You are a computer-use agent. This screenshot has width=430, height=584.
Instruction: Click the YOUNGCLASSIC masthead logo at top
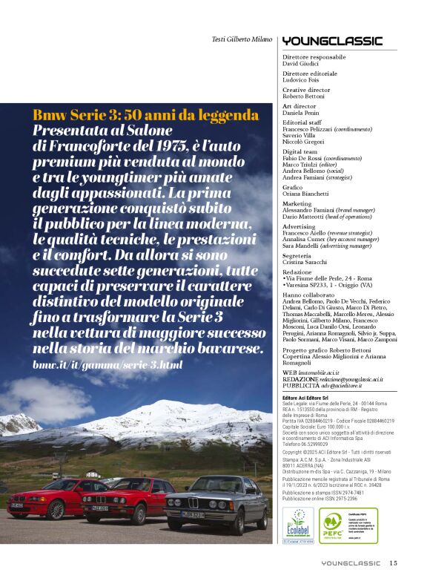[332, 41]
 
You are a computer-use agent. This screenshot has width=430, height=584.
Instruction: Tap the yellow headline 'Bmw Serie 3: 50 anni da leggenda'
[145, 115]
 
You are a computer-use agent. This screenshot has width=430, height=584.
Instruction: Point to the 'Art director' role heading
[299, 105]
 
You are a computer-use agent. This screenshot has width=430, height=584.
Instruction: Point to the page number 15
[393, 562]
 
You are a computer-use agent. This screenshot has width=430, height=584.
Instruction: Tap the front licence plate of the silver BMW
[194, 514]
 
